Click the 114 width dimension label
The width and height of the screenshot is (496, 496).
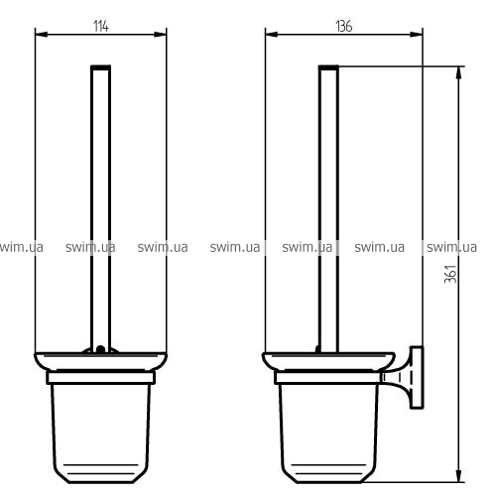click(x=101, y=26)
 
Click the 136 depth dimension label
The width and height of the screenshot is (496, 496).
click(x=344, y=26)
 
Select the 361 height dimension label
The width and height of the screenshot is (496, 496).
click(x=450, y=274)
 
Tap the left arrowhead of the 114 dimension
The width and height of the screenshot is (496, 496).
click(x=42, y=34)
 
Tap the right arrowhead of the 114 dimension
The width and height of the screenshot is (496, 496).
click(x=161, y=34)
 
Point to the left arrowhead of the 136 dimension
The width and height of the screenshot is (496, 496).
click(x=272, y=34)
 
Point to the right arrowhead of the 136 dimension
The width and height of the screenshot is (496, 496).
click(x=417, y=34)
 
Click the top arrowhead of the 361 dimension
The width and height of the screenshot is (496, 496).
click(x=458, y=73)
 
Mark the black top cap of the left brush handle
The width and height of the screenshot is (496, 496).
click(x=101, y=67)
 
